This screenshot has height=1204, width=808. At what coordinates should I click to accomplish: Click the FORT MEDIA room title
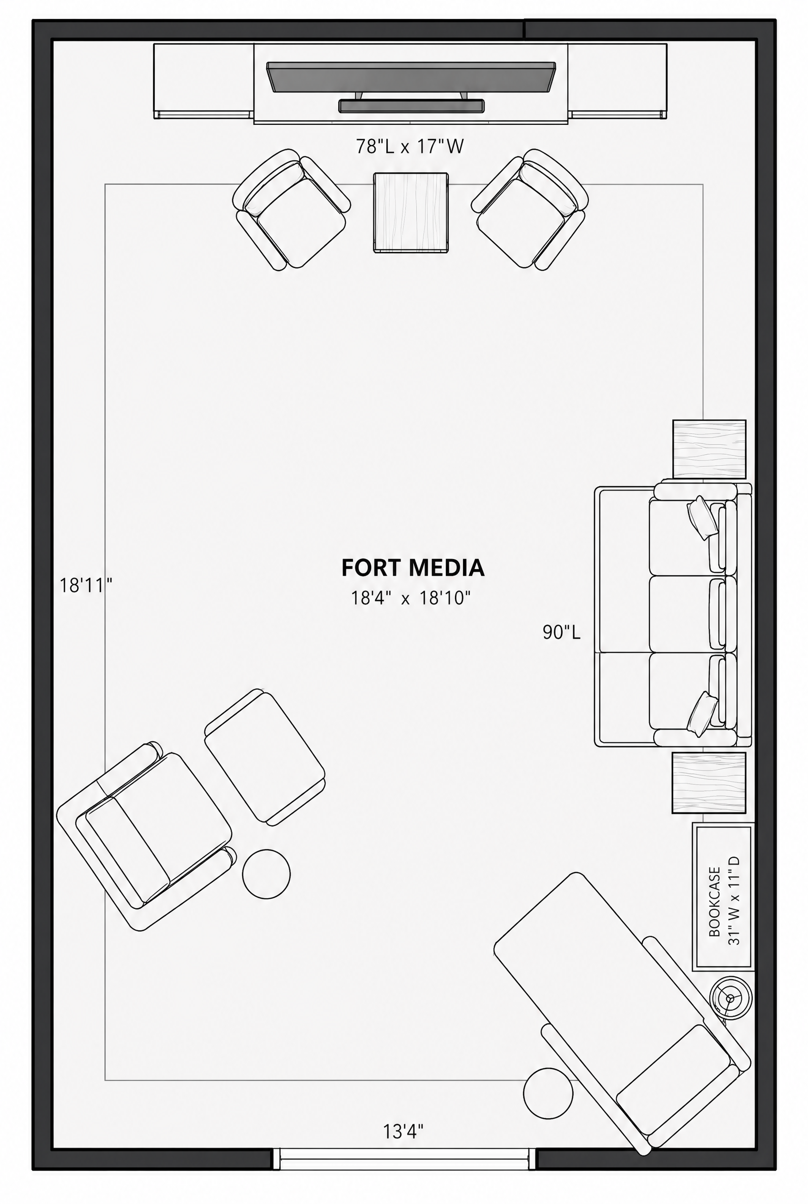[413, 568]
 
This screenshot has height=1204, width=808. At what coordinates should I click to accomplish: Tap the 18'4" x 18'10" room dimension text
[411, 598]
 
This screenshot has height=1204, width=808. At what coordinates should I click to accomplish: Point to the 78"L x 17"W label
[410, 146]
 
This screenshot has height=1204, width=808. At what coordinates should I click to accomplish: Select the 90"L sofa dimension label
[561, 632]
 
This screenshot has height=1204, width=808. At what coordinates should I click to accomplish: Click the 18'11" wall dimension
[86, 586]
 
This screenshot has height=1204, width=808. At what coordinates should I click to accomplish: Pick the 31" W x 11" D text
[734, 901]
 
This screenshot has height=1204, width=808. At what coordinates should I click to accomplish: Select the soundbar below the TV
[411, 106]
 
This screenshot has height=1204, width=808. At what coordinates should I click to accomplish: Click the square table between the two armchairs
[411, 213]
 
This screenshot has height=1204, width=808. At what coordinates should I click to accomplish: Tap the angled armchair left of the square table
[291, 210]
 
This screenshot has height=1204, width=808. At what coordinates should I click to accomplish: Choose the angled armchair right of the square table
[530, 210]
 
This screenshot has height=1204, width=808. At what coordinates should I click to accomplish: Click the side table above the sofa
[709, 449]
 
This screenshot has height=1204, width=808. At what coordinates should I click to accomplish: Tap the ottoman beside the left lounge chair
[265, 758]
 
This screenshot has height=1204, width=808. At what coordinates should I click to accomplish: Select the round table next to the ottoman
[266, 874]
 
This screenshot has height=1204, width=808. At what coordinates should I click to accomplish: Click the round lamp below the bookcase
[730, 998]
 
